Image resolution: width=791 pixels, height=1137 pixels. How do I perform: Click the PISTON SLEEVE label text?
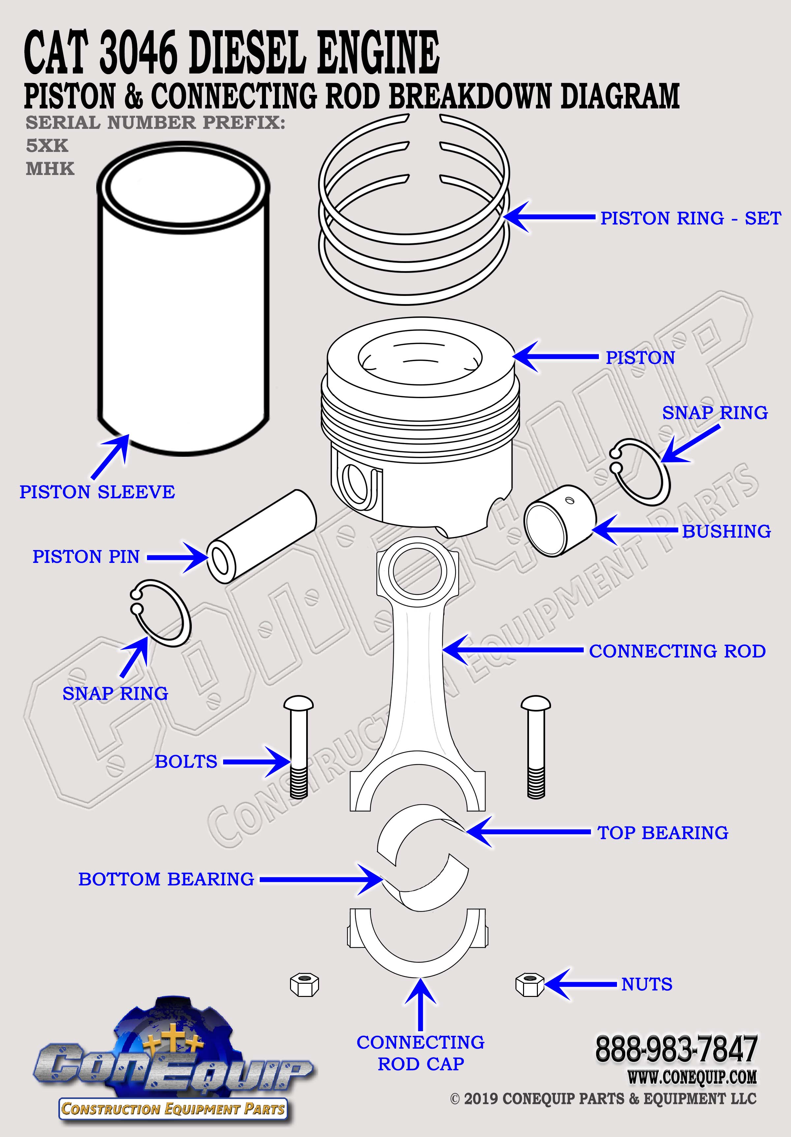point(97,492)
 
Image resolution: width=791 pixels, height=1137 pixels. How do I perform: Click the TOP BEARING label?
point(663,833)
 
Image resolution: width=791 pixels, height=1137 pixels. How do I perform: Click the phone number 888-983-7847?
point(676,1049)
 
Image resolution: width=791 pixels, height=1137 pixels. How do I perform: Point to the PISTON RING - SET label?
point(690,219)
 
